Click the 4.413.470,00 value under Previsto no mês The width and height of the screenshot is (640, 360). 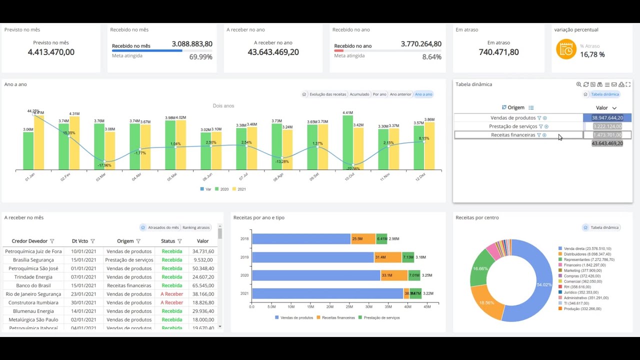51,52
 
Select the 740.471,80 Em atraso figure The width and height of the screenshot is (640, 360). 498,52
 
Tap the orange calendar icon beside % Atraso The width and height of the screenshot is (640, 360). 566,49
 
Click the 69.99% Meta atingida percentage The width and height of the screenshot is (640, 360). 200,57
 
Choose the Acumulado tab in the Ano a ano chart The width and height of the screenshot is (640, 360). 359,94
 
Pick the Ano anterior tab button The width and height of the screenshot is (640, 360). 400,94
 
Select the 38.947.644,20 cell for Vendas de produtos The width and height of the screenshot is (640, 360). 607,118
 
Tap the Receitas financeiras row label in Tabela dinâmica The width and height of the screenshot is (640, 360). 513,135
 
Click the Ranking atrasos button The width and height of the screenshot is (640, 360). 196,227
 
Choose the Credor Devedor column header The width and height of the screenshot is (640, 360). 30,241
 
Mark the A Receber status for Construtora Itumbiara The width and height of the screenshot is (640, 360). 172,302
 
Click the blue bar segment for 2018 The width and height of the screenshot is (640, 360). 301,239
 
